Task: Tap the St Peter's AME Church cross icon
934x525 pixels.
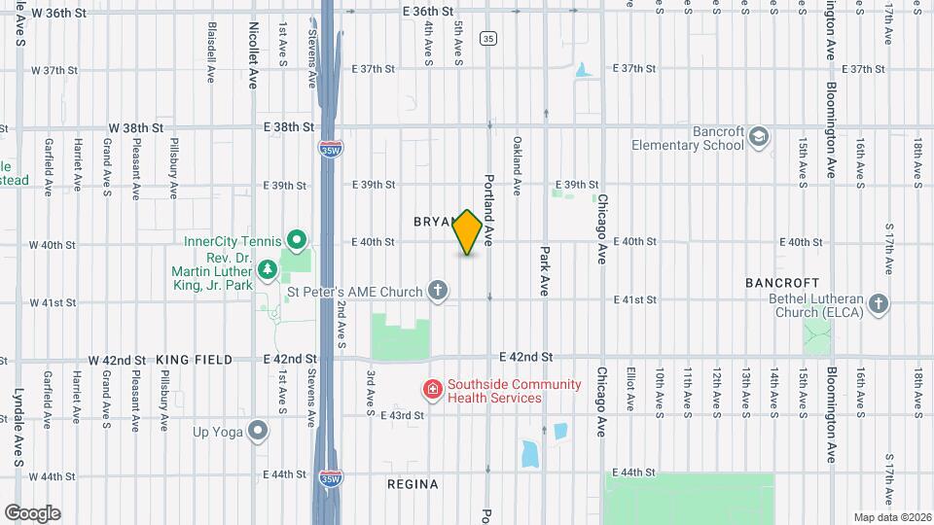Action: (439, 290)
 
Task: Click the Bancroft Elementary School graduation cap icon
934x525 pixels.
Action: (759, 137)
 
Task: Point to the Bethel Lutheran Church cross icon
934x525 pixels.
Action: (879, 305)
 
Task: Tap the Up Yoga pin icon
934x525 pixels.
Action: (258, 430)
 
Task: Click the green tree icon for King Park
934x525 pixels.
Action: (268, 284)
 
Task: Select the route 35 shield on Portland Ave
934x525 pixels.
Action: (488, 38)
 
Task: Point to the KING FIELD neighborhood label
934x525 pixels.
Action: (195, 360)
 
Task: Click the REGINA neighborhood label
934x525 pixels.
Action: (412, 484)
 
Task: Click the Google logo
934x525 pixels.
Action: (32, 513)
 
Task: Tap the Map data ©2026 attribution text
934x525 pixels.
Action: (892, 517)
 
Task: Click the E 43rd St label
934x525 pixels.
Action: (402, 415)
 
